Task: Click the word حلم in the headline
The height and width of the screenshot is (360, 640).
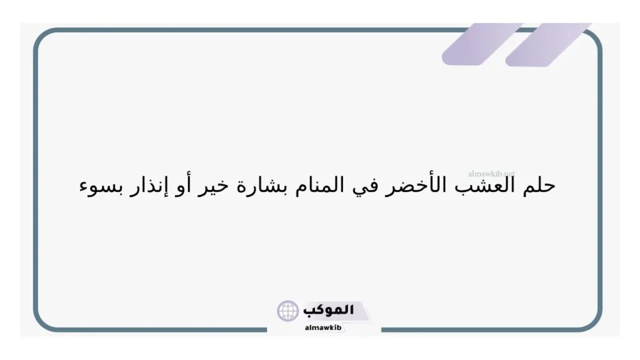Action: [x=539, y=186]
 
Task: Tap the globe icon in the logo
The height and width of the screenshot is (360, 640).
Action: [x=288, y=311]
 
